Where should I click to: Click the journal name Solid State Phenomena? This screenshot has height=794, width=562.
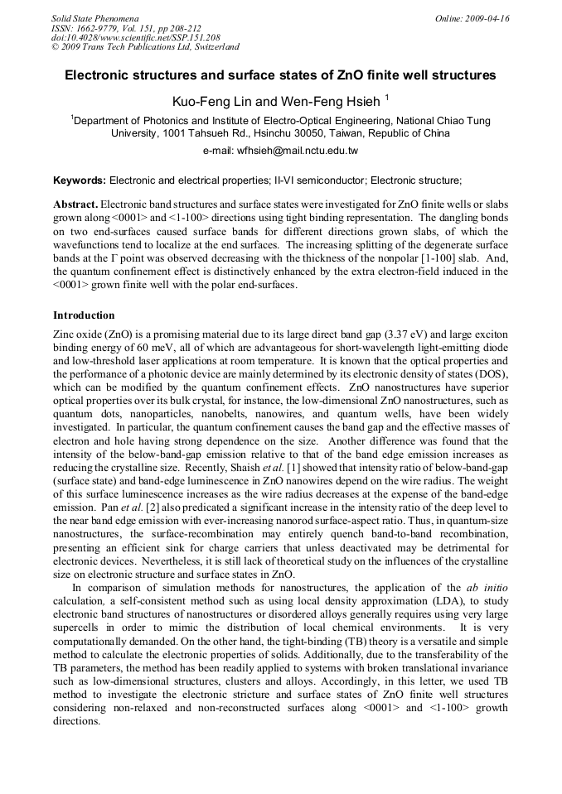pyautogui.click(x=94, y=18)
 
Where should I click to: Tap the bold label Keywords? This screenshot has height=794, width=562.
pyautogui.click(x=79, y=180)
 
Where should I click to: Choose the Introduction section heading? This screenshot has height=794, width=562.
pyautogui.click(x=84, y=315)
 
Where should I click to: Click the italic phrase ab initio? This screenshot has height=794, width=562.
pyautogui.click(x=490, y=589)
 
